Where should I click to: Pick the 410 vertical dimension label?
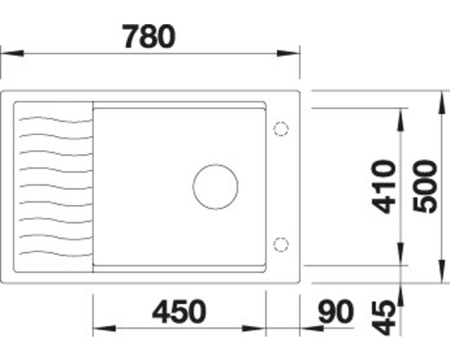[386, 186]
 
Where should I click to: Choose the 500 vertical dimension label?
[430, 186]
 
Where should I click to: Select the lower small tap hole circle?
[280, 243]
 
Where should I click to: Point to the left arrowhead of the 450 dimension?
[99, 328]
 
